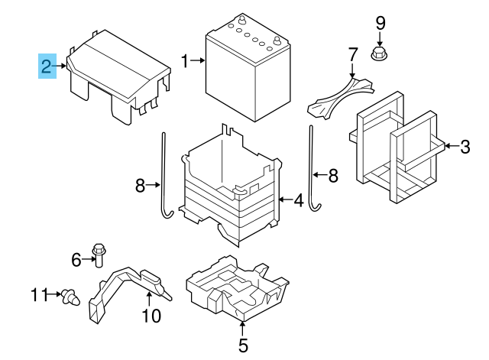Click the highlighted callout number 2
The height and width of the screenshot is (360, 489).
pyautogui.click(x=47, y=66)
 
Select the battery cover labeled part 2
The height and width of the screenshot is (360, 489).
pyautogui.click(x=118, y=73)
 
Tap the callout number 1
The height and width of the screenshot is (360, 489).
pyautogui.click(x=185, y=60)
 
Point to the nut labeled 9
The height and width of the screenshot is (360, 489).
pyautogui.click(x=379, y=54)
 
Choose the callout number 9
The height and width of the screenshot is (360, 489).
pyautogui.click(x=380, y=24)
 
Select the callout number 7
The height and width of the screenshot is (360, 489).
pyautogui.click(x=352, y=55)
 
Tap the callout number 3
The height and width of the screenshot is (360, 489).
pyautogui.click(x=465, y=144)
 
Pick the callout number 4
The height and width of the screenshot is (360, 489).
pyautogui.click(x=299, y=201)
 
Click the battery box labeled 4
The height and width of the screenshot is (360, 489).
pyautogui.click(x=229, y=187)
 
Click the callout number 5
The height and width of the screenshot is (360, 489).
pyautogui.click(x=242, y=345)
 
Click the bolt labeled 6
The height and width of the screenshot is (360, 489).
pyautogui.click(x=99, y=253)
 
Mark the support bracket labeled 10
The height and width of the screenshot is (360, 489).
pyautogui.click(x=126, y=287)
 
